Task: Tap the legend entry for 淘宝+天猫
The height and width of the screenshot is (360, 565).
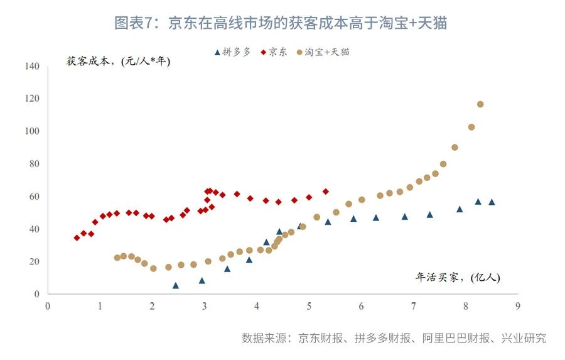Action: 323,52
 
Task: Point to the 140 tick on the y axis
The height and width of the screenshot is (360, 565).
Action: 33,66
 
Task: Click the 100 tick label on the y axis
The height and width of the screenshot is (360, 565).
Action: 33,131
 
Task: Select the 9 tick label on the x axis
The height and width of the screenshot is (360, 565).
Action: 517,306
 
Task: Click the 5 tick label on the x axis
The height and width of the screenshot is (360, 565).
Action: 309,306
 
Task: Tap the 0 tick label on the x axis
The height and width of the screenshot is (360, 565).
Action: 48,306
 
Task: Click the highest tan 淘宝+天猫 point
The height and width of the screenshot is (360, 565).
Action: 480,104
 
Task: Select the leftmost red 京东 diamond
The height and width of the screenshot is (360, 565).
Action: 77,238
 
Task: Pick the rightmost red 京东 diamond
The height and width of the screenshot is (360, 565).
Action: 325,191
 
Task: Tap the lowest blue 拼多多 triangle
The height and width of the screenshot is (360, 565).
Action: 176,285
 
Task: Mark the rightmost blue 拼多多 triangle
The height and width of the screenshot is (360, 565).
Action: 492,202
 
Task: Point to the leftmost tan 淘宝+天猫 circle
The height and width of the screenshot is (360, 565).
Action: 117,258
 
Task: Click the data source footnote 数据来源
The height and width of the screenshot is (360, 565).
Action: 394,338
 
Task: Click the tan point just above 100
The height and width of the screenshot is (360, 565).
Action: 471,127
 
